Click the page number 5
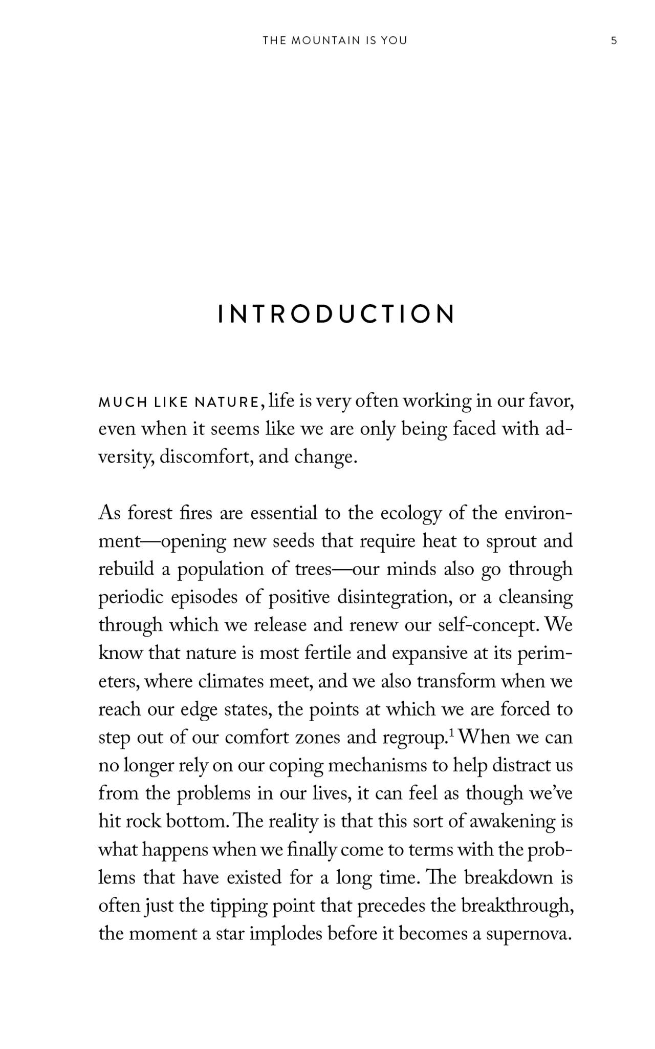614,41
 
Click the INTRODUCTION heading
336,314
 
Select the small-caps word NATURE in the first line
227,403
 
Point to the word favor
552,401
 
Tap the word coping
296,766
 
